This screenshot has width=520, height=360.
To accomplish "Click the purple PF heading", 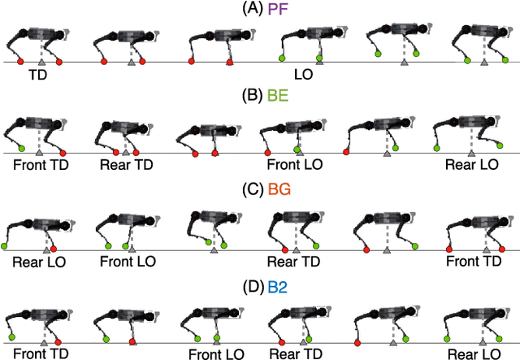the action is pyautogui.click(x=275, y=9).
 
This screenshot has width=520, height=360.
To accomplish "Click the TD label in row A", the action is pyautogui.click(x=38, y=74).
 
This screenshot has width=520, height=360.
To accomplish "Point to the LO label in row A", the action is pyautogui.click(x=303, y=74).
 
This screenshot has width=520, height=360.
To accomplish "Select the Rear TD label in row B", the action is pyautogui.click(x=126, y=163).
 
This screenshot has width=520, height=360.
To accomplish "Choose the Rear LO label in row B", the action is pyautogui.click(x=471, y=163).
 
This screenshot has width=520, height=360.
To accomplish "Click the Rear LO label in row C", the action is pyautogui.click(x=39, y=262).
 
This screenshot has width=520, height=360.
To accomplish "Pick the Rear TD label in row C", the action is pyautogui.click(x=293, y=262).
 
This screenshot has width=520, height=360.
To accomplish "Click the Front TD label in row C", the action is pyautogui.click(x=474, y=261).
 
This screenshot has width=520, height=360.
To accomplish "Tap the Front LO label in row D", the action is pyautogui.click(x=216, y=354).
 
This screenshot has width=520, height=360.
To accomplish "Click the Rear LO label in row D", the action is pyautogui.click(x=473, y=354).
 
